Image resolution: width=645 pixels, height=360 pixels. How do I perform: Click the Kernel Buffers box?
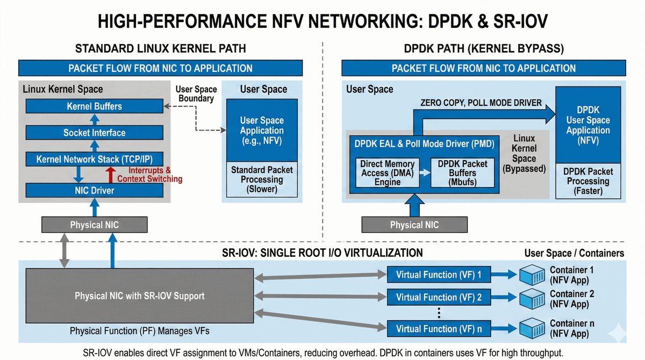pos(94,106)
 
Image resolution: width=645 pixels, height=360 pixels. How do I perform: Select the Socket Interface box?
pos(94,133)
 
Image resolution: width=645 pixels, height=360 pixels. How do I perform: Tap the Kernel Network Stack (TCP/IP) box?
pos(94,159)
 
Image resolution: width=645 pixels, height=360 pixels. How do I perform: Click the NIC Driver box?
pos(94,190)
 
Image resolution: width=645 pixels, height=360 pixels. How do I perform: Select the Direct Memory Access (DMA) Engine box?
pos(388,172)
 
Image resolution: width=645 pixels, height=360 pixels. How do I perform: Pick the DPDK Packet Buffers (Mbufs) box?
pos(462,172)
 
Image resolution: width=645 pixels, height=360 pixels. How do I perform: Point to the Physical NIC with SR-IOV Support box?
pos(139,296)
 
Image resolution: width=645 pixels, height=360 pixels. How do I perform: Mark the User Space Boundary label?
pos(196,94)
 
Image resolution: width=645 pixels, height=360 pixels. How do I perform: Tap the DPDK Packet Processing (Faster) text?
pos(589,181)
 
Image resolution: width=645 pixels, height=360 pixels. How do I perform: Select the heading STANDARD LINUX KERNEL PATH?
pos(161,49)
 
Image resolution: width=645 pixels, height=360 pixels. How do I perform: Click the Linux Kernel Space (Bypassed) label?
pos(524,153)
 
